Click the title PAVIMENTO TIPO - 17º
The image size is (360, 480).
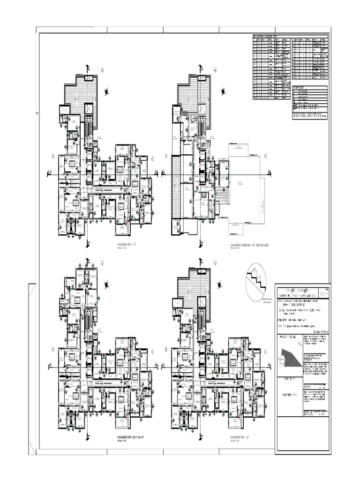point(129,245)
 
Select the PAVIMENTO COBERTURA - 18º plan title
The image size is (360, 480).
point(248,245)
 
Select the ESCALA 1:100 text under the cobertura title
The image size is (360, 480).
point(234,248)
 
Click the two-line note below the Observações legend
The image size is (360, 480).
point(309,114)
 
